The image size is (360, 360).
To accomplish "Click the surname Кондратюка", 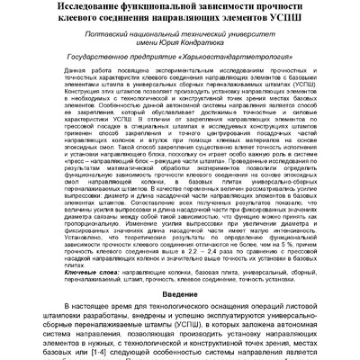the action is point(222,51).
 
